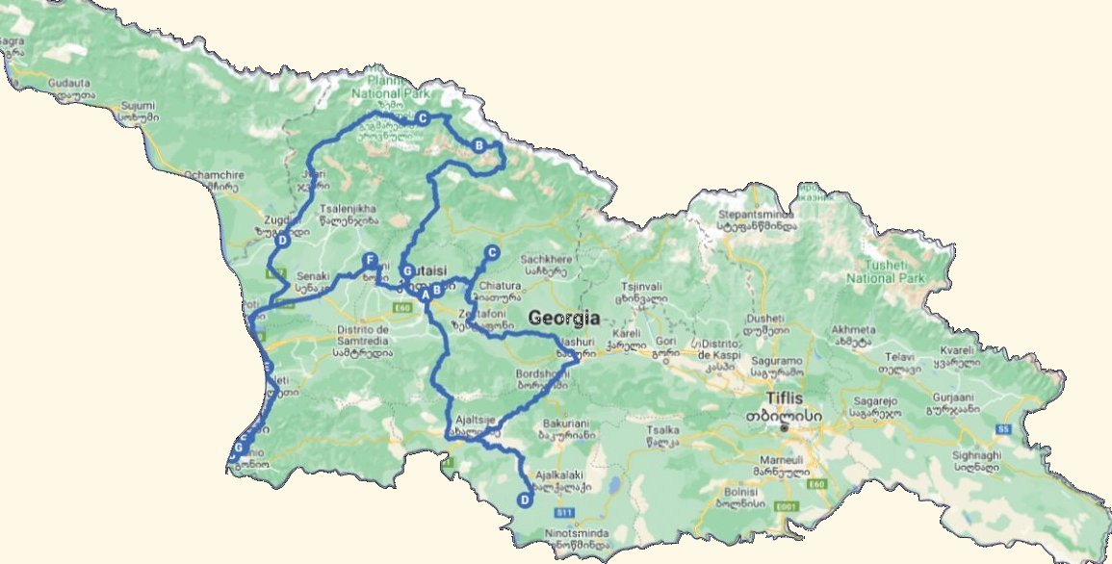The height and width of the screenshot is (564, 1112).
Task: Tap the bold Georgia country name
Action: (x=563, y=319)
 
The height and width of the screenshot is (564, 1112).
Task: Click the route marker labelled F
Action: (x=369, y=260)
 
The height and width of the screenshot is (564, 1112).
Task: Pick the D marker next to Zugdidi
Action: (x=283, y=242)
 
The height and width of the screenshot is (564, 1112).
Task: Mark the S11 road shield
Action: (x=565, y=512)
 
